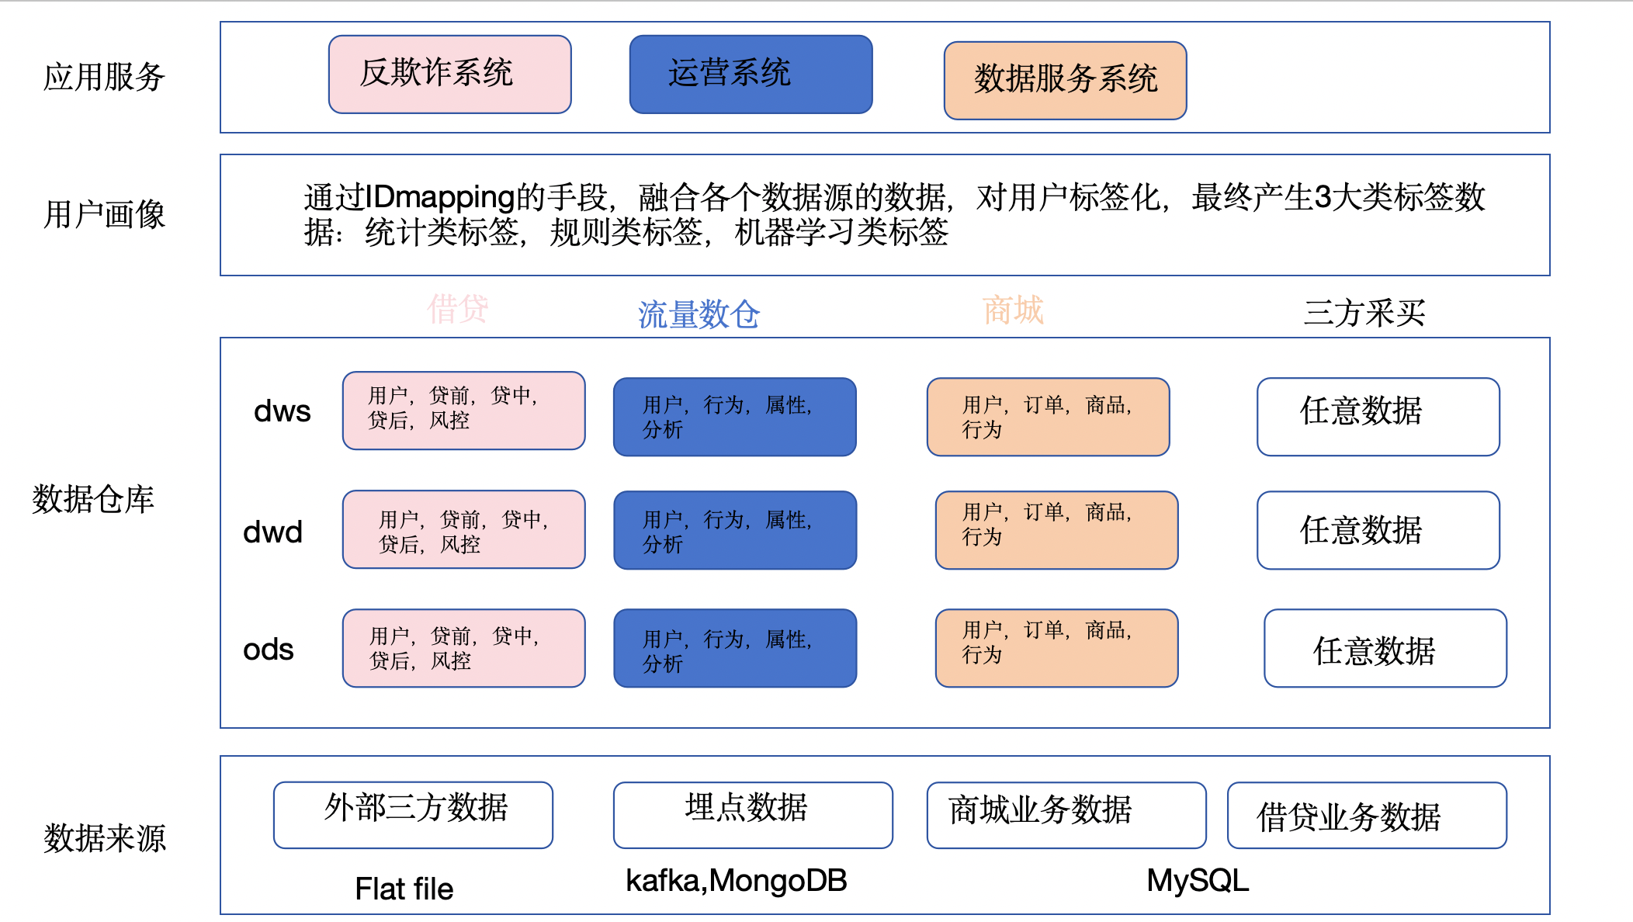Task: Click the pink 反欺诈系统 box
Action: [x=449, y=75]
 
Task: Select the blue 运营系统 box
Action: [x=751, y=75]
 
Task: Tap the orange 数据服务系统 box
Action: [x=1065, y=81]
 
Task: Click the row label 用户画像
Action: [x=104, y=215]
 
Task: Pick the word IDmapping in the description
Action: [x=440, y=197]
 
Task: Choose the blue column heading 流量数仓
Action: [x=699, y=314]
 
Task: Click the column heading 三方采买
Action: [x=1364, y=313]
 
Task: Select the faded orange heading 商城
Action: [x=1013, y=310]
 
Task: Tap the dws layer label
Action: [x=282, y=411]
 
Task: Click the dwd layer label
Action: [x=272, y=532]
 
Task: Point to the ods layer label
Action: [x=268, y=650]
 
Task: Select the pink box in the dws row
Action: [x=463, y=411]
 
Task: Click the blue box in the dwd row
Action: [x=735, y=530]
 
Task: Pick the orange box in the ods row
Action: [x=1056, y=648]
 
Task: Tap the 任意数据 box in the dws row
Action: [x=1378, y=417]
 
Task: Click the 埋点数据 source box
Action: [x=752, y=814]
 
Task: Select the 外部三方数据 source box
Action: [x=413, y=814]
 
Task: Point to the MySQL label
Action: [x=1198, y=881]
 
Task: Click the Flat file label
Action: [x=404, y=889]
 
